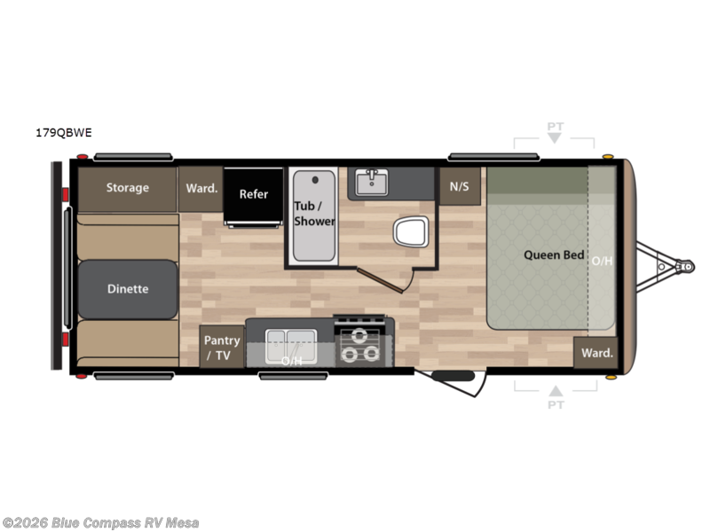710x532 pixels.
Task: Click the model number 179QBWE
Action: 64,133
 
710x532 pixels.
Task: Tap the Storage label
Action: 128,187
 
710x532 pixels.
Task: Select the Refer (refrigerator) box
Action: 253,194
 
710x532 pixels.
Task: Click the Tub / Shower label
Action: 314,214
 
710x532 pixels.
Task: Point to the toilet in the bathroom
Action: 410,232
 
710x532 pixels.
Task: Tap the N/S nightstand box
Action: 459,186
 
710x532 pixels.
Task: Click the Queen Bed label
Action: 554,255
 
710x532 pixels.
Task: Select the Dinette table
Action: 128,289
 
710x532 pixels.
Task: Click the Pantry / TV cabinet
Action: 222,347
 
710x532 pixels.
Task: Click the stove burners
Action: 360,345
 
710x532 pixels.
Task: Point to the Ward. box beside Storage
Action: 201,188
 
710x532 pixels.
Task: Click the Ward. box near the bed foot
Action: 596,353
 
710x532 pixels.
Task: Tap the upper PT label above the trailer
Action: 555,127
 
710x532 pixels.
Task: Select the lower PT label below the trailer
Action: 556,404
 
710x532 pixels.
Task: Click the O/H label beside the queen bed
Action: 602,261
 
